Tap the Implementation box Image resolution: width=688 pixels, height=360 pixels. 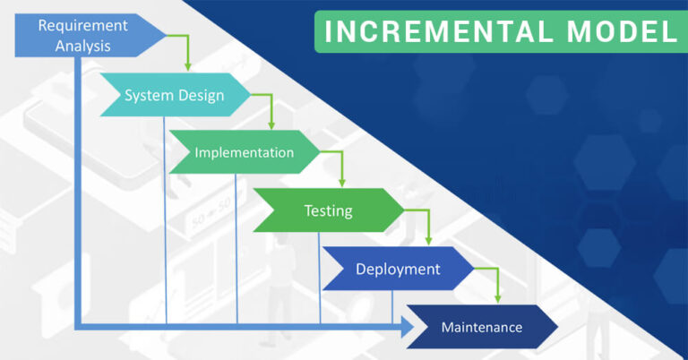244,152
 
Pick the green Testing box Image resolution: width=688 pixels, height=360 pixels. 328,211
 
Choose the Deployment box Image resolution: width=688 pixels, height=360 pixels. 398,269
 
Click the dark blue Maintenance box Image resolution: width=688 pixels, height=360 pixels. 482,327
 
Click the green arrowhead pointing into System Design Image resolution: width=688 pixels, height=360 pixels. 187,66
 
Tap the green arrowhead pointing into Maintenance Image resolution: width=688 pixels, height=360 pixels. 498,298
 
